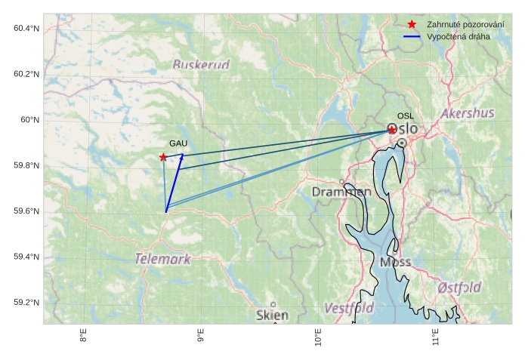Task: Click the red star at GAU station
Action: click(x=163, y=157)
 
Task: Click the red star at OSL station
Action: click(x=392, y=130)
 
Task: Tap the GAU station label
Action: click(x=178, y=143)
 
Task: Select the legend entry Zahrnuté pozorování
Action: click(x=465, y=24)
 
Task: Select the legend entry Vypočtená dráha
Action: click(x=458, y=36)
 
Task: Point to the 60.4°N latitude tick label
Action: click(x=26, y=29)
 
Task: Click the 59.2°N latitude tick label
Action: click(x=26, y=303)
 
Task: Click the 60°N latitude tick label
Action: click(x=29, y=120)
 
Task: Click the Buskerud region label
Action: click(x=200, y=65)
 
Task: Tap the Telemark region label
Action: click(x=162, y=259)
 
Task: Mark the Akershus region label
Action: click(x=468, y=113)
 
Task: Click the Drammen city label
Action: click(x=341, y=192)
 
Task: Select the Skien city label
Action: click(x=272, y=315)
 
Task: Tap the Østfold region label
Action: click(x=459, y=288)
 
